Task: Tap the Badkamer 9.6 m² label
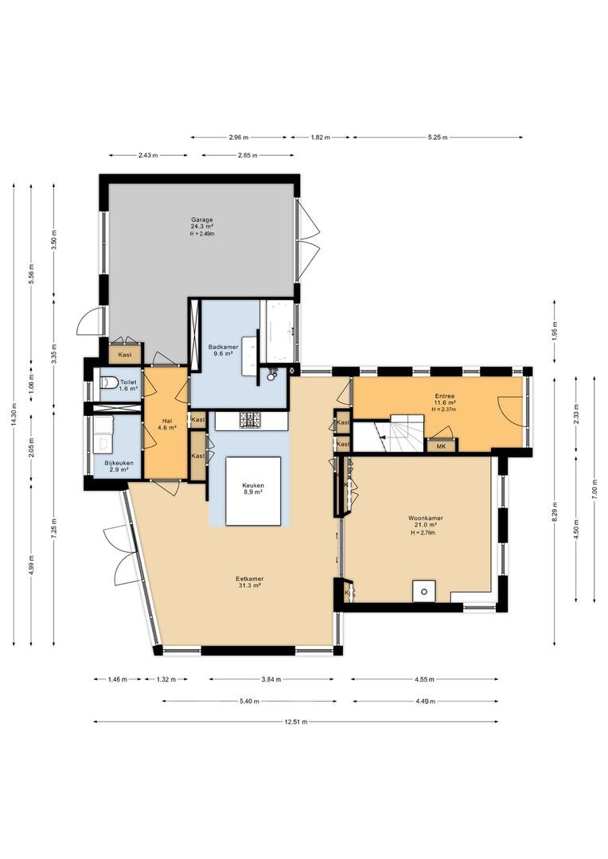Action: point(223,350)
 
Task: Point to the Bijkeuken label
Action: point(119,463)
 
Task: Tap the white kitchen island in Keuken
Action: point(253,491)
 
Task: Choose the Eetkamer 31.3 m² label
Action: point(249,581)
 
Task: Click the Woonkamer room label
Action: point(426,518)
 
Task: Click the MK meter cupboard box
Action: point(441,446)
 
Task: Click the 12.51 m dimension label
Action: point(296,721)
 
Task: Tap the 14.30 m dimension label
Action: point(14,414)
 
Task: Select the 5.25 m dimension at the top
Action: point(437,137)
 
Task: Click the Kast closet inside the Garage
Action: point(126,355)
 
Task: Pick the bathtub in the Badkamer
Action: point(279,331)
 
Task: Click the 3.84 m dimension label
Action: point(271,679)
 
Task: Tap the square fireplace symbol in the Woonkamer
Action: point(424,590)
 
